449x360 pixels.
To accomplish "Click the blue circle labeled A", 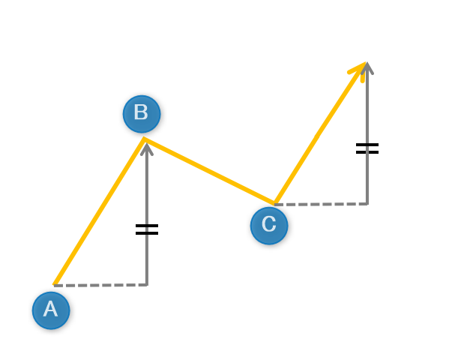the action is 51,310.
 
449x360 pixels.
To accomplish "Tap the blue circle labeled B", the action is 142,114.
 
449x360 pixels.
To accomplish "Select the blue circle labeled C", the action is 269,226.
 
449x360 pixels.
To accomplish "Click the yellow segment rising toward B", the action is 99,211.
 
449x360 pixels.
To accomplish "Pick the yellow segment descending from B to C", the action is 209,171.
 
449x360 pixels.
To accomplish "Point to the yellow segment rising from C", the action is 320,133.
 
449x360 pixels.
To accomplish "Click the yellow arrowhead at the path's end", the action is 359,70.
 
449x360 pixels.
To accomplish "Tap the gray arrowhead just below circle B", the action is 147,149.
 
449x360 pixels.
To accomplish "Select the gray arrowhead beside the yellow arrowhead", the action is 367,68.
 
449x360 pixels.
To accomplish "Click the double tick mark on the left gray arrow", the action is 147,229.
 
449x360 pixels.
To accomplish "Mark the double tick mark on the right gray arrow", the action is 367,148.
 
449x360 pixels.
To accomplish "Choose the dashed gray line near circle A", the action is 100,285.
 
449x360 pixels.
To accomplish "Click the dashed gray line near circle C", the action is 321,204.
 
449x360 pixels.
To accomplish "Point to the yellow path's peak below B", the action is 144,139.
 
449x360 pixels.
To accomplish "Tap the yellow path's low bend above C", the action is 274,203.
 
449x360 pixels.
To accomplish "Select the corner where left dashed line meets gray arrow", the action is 147,285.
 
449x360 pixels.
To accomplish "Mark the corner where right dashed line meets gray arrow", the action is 367,204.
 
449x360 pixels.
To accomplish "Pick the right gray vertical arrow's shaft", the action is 367,133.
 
